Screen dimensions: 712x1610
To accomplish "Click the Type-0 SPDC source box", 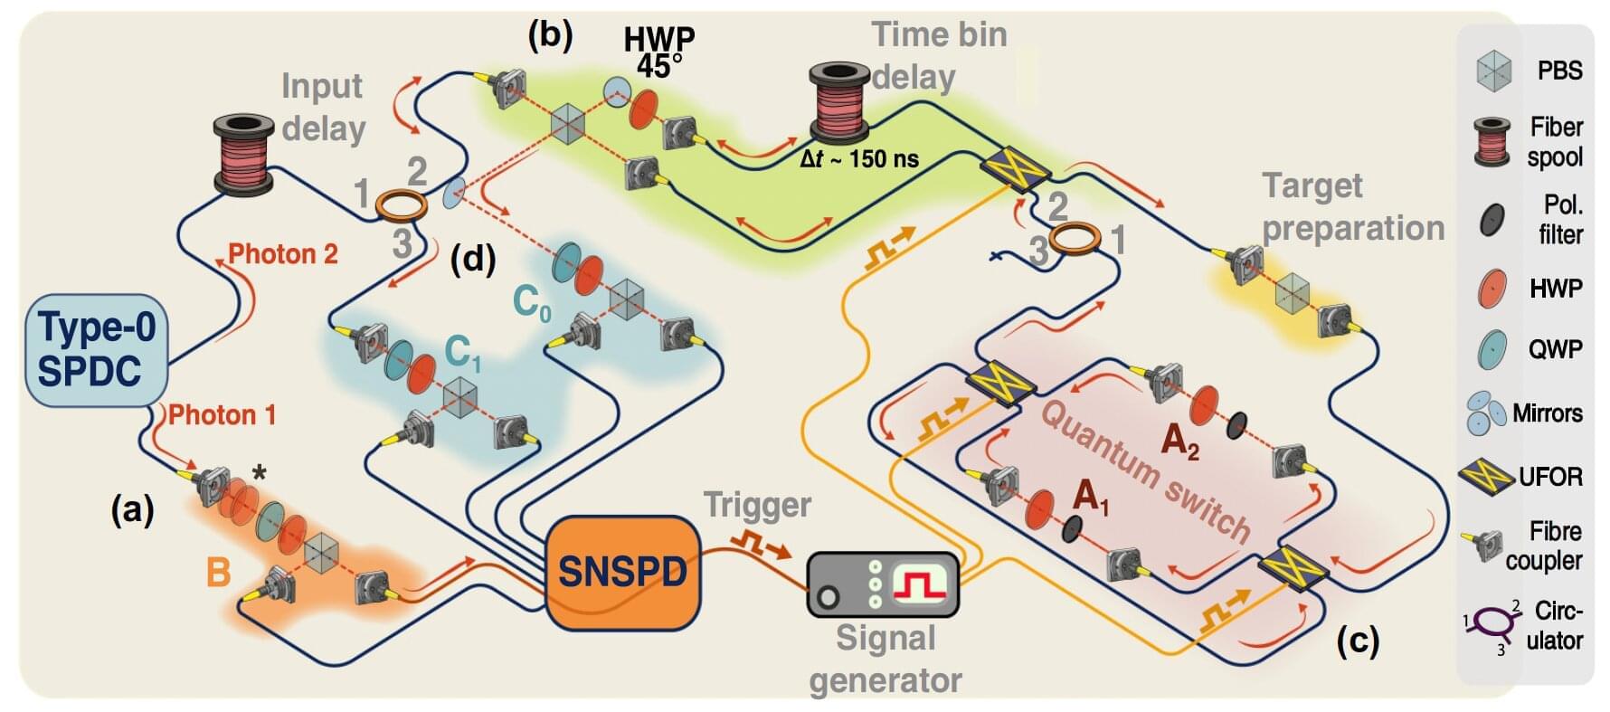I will (x=97, y=349).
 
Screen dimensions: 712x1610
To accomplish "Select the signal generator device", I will (x=882, y=585).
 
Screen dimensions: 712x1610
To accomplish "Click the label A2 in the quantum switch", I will (x=1179, y=441).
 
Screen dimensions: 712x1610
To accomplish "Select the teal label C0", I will (x=531, y=302).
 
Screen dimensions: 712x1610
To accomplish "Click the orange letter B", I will (x=218, y=573).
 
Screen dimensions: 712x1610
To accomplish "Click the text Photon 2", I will (x=282, y=254).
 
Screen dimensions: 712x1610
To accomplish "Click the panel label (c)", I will (x=1358, y=641).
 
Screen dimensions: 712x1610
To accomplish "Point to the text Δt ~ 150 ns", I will (x=858, y=160).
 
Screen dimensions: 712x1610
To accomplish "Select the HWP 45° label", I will (x=659, y=52).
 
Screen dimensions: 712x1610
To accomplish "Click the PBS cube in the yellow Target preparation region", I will (x=1292, y=290).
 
